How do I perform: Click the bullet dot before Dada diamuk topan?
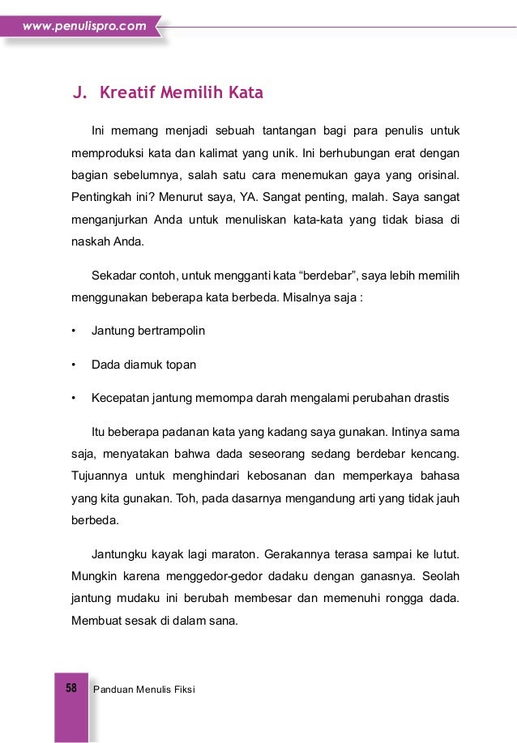coord(74,365)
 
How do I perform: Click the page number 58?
coord(70,689)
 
